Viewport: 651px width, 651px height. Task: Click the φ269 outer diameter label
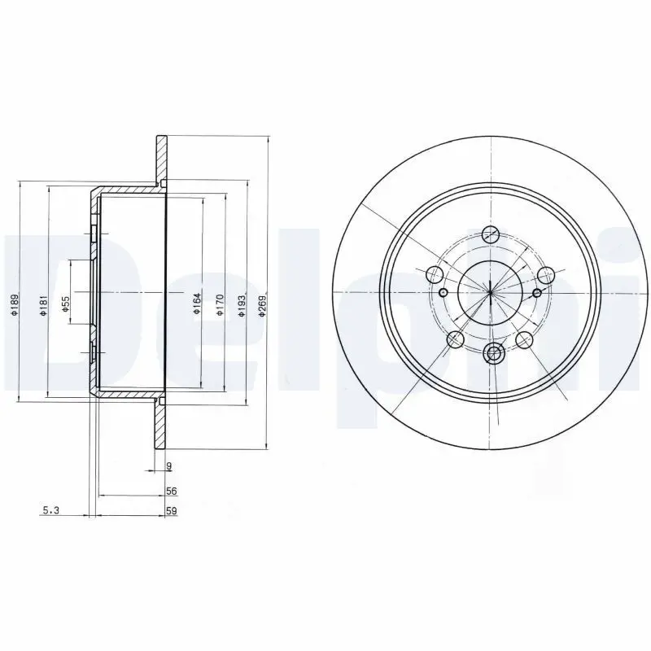click(x=262, y=306)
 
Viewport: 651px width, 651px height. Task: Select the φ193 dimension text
click(x=241, y=306)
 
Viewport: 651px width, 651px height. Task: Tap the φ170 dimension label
click(x=220, y=305)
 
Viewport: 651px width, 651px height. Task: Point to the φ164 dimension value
click(x=197, y=304)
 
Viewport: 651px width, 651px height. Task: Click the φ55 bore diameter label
click(x=65, y=304)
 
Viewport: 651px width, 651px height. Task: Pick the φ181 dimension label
click(x=44, y=306)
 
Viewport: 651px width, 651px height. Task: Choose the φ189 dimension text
click(x=15, y=306)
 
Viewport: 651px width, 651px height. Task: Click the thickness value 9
click(x=169, y=466)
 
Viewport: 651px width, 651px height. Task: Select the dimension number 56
click(x=171, y=492)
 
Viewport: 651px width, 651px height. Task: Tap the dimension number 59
click(x=172, y=511)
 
